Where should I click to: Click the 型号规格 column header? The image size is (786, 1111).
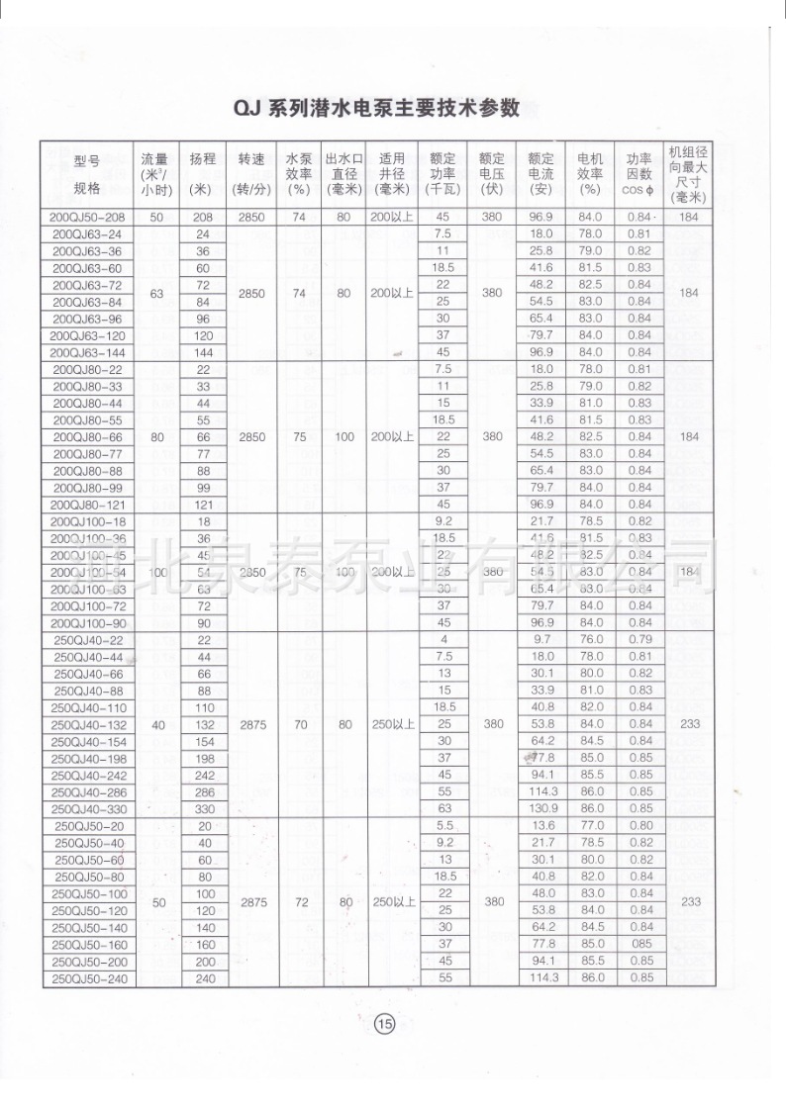click(87, 173)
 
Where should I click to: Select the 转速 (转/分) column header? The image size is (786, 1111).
click(251, 173)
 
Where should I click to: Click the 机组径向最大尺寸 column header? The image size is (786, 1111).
click(689, 173)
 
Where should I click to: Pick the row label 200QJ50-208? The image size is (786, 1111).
click(87, 217)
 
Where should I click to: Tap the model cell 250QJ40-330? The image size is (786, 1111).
click(87, 808)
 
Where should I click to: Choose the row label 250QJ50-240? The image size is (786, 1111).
click(87, 978)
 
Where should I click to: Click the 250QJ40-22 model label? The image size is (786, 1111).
click(87, 639)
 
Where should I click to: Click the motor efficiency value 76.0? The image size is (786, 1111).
click(591, 639)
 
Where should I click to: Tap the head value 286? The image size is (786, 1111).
click(204, 791)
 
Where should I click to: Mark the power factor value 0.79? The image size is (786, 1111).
click(639, 639)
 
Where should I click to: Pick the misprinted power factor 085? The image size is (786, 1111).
click(639, 944)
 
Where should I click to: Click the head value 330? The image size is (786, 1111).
click(204, 808)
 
